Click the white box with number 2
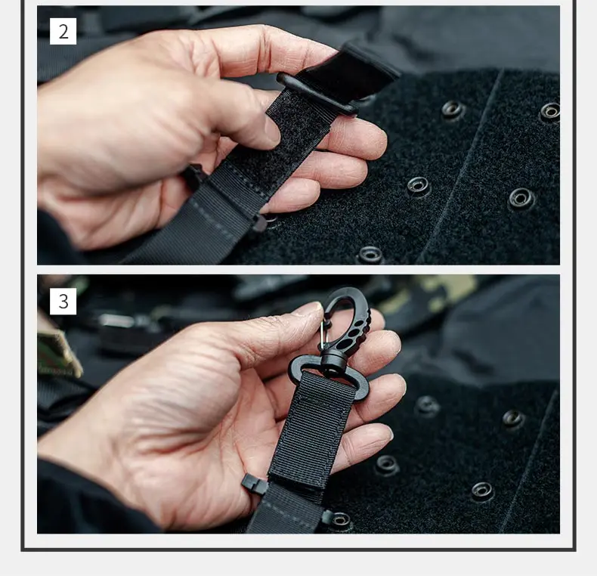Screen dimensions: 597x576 (63, 31)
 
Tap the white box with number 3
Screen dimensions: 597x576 (63, 302)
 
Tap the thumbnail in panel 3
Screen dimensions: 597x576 (309, 308)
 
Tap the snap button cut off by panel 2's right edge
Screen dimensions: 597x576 (550, 112)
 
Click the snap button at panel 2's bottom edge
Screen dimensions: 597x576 (370, 255)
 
